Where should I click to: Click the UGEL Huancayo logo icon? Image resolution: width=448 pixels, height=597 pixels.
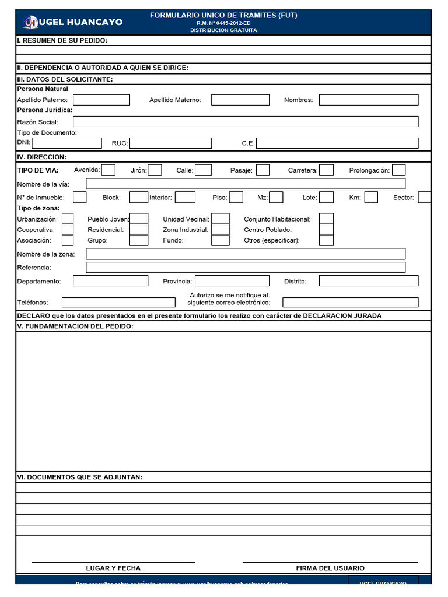tap(30, 22)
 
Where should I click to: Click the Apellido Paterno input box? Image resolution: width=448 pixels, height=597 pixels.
tap(101, 100)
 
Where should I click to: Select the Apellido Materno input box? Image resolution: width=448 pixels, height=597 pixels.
tap(240, 100)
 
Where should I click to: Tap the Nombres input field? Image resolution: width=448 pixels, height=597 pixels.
tap(368, 100)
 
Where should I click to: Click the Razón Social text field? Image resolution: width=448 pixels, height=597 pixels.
tap(245, 121)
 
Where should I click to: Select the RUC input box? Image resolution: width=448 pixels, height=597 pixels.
tap(170, 143)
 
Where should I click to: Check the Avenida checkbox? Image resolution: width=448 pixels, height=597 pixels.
tap(108, 170)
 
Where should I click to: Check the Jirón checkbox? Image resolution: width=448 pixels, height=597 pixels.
tap(155, 170)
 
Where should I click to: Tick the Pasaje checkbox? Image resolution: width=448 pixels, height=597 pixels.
tap(262, 170)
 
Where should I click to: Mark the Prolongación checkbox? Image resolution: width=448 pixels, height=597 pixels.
tap(398, 170)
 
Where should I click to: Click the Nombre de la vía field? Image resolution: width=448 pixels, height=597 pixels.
tap(245, 184)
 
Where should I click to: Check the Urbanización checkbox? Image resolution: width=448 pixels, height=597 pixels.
tap(68, 219)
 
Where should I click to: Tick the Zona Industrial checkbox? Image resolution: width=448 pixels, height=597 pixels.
tap(220, 230)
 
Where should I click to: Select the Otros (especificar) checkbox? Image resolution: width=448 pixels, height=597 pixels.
tap(326, 240)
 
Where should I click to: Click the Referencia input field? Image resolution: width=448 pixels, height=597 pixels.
tap(245, 267)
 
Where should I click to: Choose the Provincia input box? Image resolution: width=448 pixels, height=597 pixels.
tap(232, 281)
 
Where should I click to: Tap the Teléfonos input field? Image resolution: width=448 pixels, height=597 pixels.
tap(118, 302)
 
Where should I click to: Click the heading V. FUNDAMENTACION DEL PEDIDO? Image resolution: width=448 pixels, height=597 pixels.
tap(75, 326)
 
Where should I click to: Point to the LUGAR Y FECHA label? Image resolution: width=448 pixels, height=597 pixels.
tap(113, 568)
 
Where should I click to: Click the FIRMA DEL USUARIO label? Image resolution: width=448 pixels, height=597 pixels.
tap(330, 568)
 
